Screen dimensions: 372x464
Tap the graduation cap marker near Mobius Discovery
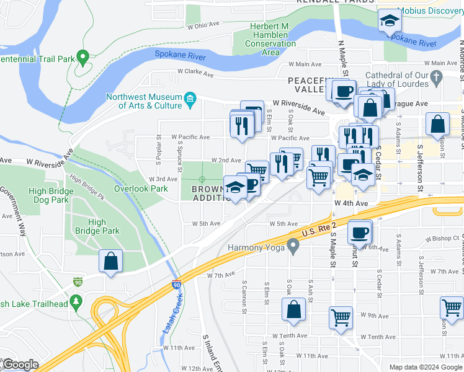389,22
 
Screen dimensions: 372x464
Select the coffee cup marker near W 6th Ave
360,233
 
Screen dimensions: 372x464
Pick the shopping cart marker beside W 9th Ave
341,317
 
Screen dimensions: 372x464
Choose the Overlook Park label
141,188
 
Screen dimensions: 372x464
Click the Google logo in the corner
20,364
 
